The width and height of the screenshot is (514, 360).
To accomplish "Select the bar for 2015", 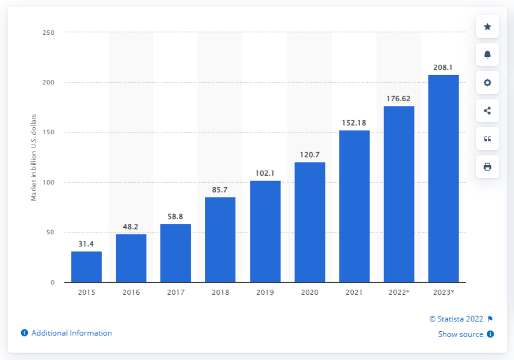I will point(86,266).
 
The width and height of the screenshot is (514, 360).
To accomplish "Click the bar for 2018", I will point(220,240).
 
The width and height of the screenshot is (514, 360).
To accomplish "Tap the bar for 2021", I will point(354,206).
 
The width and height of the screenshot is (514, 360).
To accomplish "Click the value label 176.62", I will point(399,99).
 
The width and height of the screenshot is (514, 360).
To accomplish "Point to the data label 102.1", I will point(265,173).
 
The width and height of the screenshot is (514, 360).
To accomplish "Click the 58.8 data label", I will point(175,216).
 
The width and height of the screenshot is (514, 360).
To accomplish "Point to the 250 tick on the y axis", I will point(48,33).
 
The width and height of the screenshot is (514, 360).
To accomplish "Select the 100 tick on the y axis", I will point(48,182).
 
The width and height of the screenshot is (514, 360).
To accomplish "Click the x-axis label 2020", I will point(310,293).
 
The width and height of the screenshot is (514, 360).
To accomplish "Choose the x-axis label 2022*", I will point(399,293).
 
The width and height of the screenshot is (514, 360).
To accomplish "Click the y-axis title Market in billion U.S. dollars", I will point(34,158).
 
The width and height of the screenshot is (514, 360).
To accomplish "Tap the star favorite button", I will point(487,27).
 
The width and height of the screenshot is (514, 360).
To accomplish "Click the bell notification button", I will point(487,54).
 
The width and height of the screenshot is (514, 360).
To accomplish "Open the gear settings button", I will point(487,83).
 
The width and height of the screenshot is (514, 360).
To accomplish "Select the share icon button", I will point(487,111).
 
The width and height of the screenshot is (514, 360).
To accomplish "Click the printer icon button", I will point(487,166).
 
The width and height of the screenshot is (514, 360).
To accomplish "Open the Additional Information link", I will point(71,333).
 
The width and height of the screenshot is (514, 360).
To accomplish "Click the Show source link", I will point(461,334).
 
